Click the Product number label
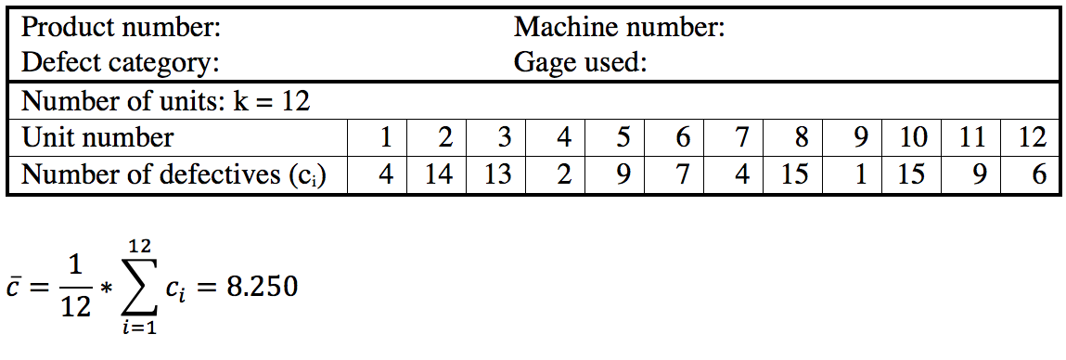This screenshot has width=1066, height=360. pyautogui.click(x=121, y=27)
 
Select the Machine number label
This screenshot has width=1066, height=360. pyautogui.click(x=620, y=27)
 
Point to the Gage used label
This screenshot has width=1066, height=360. pyautogui.click(x=580, y=63)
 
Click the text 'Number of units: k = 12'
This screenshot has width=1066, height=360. pyautogui.click(x=165, y=100)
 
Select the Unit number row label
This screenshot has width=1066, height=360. pyautogui.click(x=97, y=137)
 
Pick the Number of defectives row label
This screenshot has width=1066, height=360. pyautogui.click(x=173, y=174)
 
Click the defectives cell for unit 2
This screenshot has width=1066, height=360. pyautogui.click(x=438, y=174)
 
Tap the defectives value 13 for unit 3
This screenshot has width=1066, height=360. pyautogui.click(x=497, y=174)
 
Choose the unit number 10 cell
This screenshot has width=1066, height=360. pyautogui.click(x=913, y=137)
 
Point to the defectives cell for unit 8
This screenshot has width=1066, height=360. pyautogui.click(x=795, y=174)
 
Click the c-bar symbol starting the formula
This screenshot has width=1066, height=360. pyautogui.click(x=13, y=289)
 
